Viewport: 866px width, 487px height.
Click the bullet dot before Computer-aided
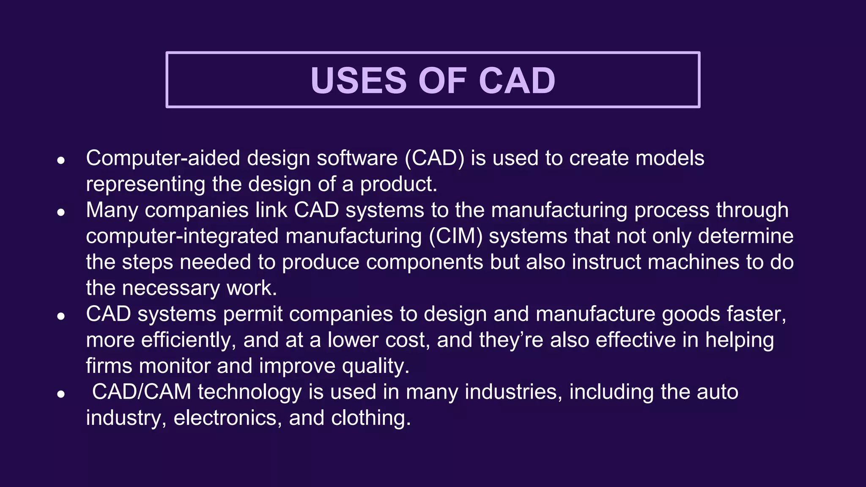click(x=61, y=160)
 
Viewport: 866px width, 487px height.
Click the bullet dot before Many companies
click(x=61, y=212)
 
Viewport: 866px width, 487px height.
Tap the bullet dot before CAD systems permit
click(x=61, y=316)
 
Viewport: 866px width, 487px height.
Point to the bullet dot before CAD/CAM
click(x=61, y=394)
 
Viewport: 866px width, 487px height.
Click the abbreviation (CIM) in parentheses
click(x=455, y=236)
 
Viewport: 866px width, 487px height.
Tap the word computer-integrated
click(x=182, y=236)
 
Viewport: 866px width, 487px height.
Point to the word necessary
click(x=171, y=288)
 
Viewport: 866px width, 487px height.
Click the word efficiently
click(x=188, y=340)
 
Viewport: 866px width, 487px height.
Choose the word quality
click(x=375, y=366)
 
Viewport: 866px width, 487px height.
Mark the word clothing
click(x=370, y=418)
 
